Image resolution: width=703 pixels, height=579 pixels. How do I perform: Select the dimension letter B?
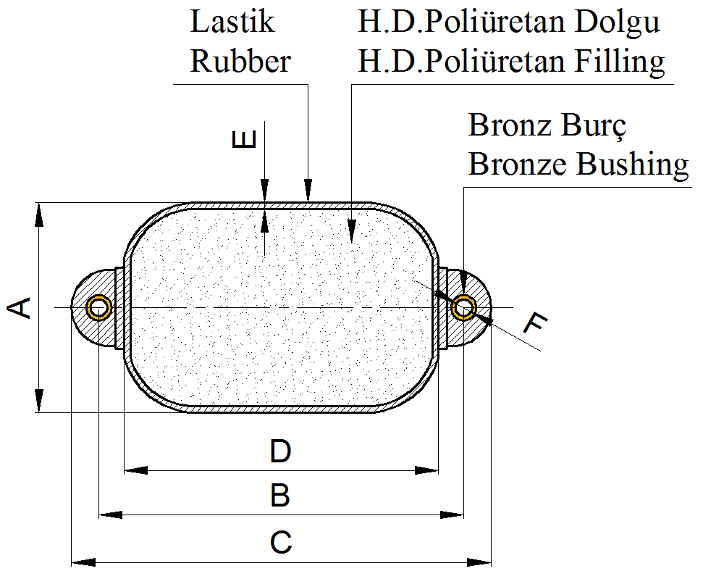tap(280, 496)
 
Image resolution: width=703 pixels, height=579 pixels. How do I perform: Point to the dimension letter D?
tap(280, 452)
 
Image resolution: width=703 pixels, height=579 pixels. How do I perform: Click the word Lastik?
tap(232, 22)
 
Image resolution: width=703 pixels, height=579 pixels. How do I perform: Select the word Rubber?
tap(240, 61)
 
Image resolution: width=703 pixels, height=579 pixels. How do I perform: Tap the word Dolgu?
tap(617, 22)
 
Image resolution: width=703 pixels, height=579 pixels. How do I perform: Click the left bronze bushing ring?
tap(98, 308)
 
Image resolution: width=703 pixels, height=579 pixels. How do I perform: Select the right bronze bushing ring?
tap(463, 308)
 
